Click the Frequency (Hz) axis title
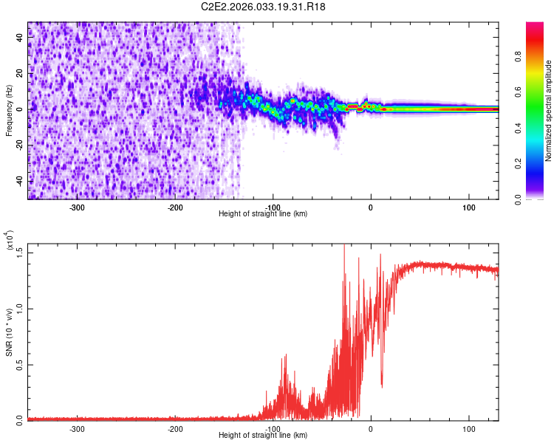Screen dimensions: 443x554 click(9, 110)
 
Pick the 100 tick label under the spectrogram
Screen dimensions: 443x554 click(468, 207)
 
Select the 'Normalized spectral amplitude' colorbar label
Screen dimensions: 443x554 click(549, 111)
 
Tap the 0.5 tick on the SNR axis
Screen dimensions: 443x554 click(19, 364)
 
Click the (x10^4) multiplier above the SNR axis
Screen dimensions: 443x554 click(10, 240)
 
